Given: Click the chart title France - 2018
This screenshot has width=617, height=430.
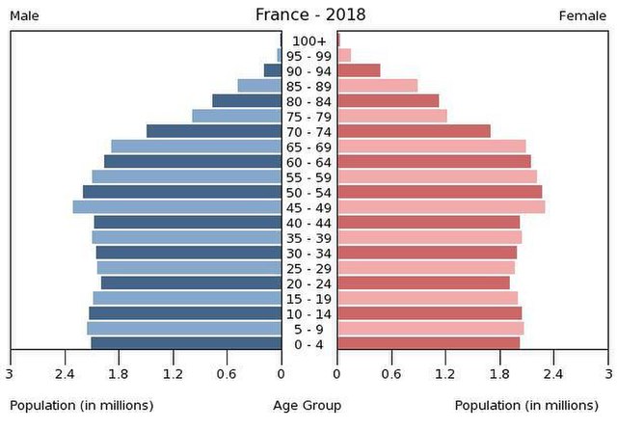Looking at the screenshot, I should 310,14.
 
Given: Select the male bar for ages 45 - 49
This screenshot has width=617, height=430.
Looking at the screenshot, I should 177,206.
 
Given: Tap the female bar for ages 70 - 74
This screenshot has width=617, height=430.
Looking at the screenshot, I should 414,131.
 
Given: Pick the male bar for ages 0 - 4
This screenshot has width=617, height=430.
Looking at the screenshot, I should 186,343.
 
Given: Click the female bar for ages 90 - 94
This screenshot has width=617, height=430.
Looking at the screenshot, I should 359,70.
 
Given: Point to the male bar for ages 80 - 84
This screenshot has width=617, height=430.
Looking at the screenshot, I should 247,100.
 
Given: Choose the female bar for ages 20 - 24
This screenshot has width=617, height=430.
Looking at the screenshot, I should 423,282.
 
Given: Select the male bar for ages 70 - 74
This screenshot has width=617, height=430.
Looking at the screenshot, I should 214,131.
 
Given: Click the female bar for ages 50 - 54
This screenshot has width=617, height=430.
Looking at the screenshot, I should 440,192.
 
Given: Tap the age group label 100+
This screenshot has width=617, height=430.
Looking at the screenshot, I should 309,40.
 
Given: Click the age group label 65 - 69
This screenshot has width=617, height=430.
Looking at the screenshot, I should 309,147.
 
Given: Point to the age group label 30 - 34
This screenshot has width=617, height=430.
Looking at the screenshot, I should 309,253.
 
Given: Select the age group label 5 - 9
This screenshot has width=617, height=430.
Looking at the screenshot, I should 309,329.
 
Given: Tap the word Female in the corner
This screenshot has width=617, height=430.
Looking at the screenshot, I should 582,16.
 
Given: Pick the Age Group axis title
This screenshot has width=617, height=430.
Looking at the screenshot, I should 308,406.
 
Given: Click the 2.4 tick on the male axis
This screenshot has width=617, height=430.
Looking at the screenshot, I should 65,374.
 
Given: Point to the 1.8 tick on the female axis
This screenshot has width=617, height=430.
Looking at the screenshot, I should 499,374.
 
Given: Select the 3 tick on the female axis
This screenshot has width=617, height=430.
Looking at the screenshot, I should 608,374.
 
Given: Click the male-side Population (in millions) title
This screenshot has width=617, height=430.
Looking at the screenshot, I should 81,406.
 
